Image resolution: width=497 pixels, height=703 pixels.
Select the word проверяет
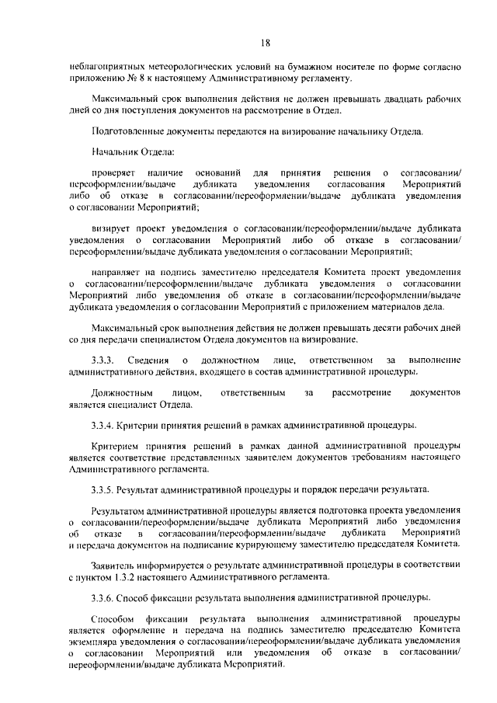tap(113, 171)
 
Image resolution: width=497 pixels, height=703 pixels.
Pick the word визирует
tap(112, 230)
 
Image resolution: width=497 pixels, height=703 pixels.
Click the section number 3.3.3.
tap(103, 360)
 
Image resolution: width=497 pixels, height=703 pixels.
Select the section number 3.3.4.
tap(103, 425)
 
